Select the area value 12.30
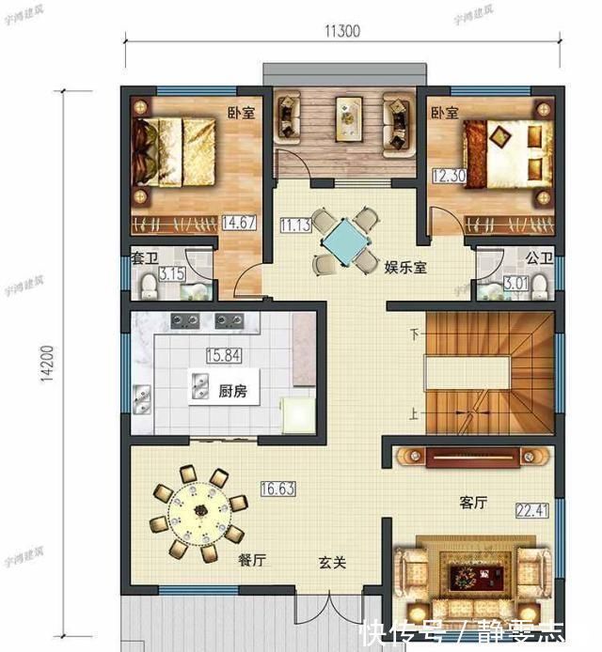446,176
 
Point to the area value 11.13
293,225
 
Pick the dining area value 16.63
276,489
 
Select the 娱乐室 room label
405,268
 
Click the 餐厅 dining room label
252,561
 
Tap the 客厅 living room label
472,503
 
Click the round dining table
198,513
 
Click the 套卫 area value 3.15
171,275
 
